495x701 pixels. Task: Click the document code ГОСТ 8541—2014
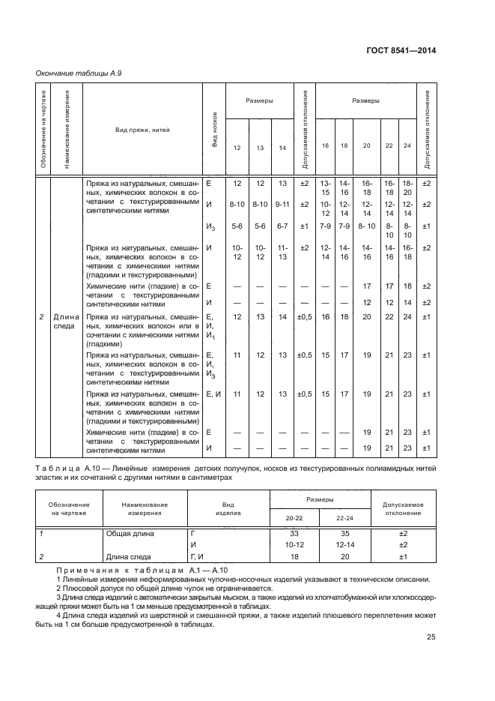(400, 51)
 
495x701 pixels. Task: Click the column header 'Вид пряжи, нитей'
(142, 130)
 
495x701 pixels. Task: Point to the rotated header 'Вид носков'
(215, 130)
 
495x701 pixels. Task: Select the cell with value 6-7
(282, 226)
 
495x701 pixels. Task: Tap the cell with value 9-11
(282, 204)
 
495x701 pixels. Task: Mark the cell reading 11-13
(282, 252)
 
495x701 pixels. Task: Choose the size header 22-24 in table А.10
(346, 518)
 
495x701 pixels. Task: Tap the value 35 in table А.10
(346, 533)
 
